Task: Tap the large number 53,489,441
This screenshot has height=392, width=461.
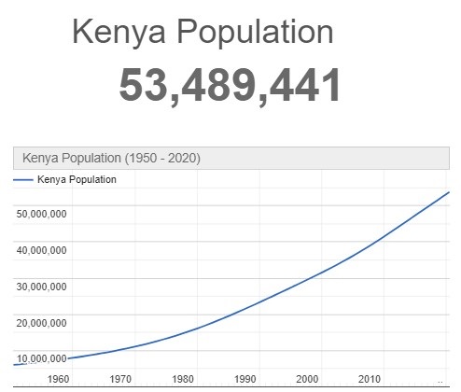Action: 230,86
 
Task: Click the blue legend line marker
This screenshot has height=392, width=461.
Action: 23,180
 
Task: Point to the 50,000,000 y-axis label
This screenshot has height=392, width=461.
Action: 41,214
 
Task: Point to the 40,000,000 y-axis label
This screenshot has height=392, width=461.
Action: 41,250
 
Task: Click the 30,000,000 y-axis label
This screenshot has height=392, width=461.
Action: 41,287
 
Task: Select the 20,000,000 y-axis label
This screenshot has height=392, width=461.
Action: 41,323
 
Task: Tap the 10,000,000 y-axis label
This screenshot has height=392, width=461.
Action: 41,358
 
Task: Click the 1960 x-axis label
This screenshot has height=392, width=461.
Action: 58,379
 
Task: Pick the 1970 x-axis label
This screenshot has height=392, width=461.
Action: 120,379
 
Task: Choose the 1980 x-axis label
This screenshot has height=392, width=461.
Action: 183,379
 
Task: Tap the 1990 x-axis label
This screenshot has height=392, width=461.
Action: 245,379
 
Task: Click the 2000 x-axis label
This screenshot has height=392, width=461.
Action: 308,379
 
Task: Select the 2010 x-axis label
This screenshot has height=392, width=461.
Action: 370,379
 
